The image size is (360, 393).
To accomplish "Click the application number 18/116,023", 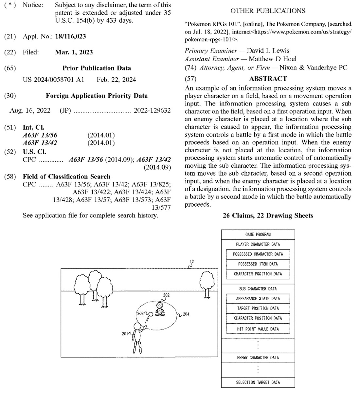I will tap(70, 36).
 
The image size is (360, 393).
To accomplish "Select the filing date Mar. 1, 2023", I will tap(74, 52).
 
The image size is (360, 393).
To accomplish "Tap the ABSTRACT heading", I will tap(268, 79).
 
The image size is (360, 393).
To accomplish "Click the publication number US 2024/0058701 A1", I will tap(53, 80).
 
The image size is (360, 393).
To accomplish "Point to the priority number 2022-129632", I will tap(152, 110).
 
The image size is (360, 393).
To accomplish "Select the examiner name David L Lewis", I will tap(268, 51).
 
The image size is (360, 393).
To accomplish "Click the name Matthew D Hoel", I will tap(272, 59).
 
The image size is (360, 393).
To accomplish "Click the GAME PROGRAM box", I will tap(258, 234).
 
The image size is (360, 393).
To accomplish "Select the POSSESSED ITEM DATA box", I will tap(258, 264).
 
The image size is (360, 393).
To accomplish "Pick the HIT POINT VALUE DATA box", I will tap(258, 329).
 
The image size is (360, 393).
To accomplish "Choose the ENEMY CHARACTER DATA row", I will tap(258, 358).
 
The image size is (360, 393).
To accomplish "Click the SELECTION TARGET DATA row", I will tap(258, 382).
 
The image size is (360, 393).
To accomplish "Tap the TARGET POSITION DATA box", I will tap(258, 308).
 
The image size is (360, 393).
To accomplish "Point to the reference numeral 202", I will tap(166, 295).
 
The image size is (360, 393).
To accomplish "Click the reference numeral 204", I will tap(186, 314).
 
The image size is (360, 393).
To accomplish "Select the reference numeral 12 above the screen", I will tap(192, 262).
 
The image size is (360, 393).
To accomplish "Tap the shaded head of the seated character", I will tap(159, 306).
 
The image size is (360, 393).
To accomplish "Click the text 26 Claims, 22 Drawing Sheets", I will tap(268, 215).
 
